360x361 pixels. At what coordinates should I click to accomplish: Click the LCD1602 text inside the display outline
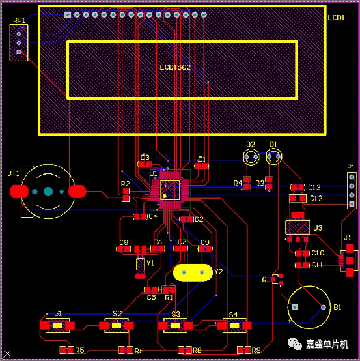(175, 67)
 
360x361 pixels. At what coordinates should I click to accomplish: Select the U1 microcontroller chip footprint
(171, 190)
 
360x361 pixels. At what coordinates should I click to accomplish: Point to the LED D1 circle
(273, 156)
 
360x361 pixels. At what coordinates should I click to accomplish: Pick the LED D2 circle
(251, 156)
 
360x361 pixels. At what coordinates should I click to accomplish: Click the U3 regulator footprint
(298, 227)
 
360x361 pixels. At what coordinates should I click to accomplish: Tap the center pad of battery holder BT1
(48, 192)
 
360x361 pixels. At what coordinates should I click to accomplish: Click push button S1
(57, 325)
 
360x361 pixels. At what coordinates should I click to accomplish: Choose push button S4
(234, 325)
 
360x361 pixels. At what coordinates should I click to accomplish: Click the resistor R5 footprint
(66, 350)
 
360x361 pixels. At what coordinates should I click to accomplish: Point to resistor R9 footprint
(243, 350)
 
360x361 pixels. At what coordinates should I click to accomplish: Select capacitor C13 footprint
(298, 188)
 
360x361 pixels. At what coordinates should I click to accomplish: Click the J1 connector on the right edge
(350, 257)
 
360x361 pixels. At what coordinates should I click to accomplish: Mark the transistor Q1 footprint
(277, 279)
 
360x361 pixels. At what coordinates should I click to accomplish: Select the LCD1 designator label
(337, 17)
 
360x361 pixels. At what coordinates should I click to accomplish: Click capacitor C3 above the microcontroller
(145, 165)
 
